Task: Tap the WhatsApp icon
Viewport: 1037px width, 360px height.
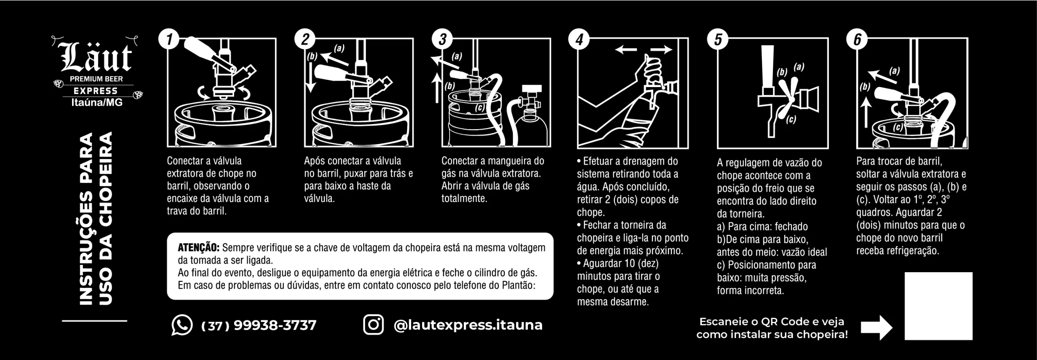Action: coord(182,325)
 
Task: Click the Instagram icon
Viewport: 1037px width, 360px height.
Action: coord(373,325)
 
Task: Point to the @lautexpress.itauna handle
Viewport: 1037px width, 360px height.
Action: coord(468,325)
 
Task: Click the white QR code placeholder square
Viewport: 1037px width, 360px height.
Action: coord(939,306)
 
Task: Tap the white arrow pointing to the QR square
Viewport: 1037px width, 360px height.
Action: coord(877,327)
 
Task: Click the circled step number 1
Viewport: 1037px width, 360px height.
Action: coord(170,40)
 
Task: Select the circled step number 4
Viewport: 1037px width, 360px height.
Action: coord(580,40)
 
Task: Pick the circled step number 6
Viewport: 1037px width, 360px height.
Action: coord(858,40)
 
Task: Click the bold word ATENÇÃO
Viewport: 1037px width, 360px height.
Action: coord(198,247)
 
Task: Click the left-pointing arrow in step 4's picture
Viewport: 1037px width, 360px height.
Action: coord(625,49)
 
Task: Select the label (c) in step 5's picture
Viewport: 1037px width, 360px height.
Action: coord(791,119)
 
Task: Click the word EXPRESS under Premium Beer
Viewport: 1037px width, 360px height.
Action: coord(96,91)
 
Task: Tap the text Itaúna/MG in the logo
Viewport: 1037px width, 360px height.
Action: coord(97,102)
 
